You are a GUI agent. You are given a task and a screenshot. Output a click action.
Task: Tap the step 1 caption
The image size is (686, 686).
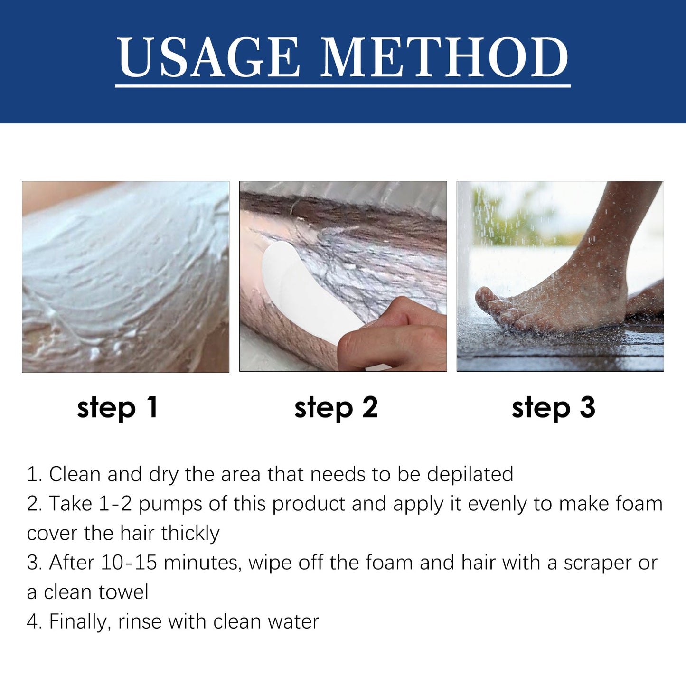(x=117, y=408)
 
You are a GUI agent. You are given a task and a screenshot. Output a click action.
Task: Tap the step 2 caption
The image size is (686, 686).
(x=336, y=408)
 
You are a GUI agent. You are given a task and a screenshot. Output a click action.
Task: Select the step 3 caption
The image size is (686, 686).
(x=553, y=408)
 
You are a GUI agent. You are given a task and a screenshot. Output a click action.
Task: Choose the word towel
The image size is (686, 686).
(x=123, y=592)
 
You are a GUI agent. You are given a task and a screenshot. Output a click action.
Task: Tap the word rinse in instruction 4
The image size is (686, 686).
(x=140, y=621)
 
